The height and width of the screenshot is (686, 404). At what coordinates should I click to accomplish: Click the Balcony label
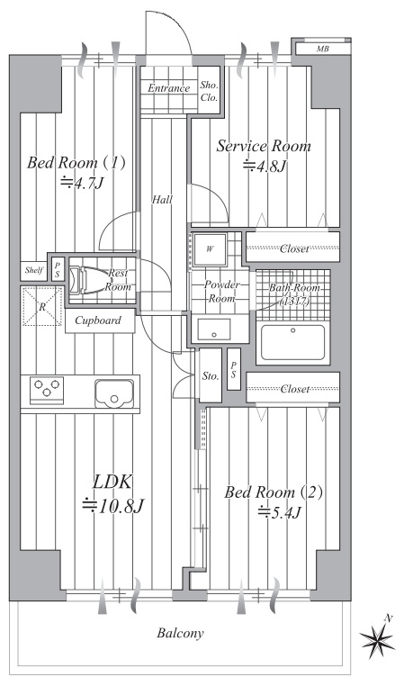click(180, 634)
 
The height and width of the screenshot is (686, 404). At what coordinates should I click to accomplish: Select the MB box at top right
click(322, 49)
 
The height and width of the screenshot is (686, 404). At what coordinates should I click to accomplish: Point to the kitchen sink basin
click(114, 392)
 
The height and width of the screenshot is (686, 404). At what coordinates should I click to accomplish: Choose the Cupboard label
click(99, 320)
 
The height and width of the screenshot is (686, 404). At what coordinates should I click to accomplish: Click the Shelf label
click(34, 269)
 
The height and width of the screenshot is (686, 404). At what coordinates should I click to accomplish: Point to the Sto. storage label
click(211, 376)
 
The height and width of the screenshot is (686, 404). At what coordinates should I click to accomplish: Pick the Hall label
click(162, 199)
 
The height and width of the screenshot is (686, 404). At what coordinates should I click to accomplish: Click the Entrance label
click(169, 88)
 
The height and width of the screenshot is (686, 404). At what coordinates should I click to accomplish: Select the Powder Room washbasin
click(214, 329)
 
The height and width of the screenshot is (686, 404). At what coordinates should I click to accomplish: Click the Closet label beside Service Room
click(294, 247)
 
